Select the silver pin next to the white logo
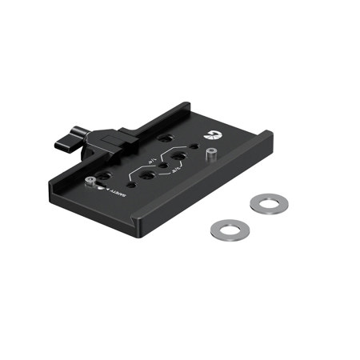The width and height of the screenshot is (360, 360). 213,154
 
